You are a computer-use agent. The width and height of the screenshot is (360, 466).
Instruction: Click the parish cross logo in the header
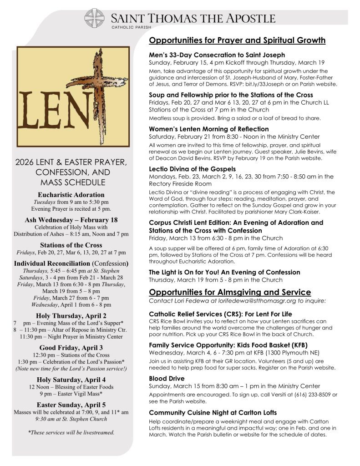coord(95,18)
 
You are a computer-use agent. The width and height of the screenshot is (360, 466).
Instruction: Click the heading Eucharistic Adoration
coord(71,195)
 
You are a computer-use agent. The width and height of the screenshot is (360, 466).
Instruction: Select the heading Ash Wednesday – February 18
coord(71,220)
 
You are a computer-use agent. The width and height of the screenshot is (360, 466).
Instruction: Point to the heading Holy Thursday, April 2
coord(71,315)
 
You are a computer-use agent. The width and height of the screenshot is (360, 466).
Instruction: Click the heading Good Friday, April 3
coord(71,347)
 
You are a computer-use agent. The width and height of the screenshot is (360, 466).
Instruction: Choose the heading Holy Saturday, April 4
coord(71,379)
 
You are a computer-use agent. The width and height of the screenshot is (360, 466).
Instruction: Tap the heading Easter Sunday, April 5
coord(71,404)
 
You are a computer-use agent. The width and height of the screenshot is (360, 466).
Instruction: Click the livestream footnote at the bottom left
coord(71,432)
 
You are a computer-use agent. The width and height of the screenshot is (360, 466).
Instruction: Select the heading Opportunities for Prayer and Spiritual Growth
coord(237,41)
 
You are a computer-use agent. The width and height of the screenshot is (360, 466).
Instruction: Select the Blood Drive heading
coord(167,378)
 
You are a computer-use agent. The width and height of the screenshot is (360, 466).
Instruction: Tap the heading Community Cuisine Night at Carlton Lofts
coord(213,412)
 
